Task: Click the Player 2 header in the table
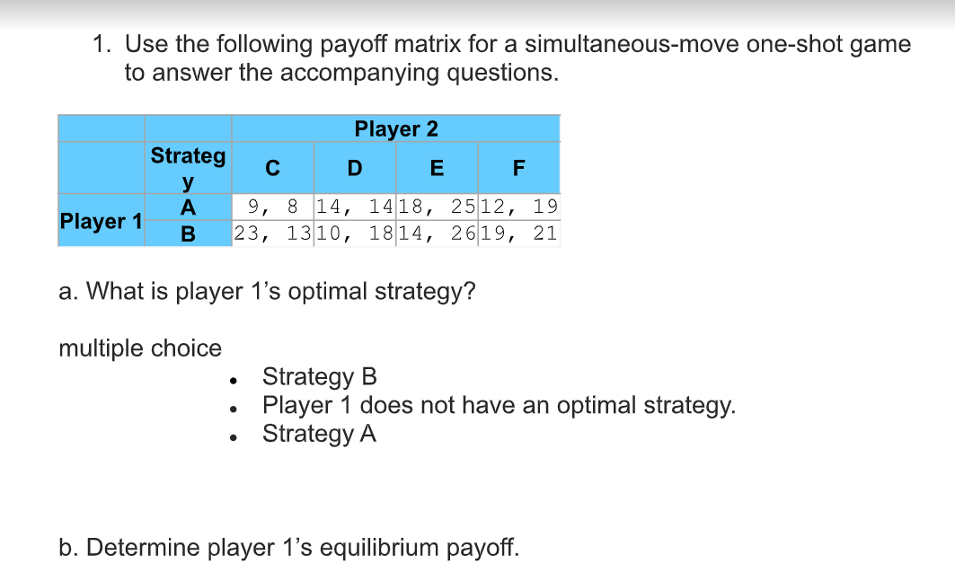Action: (x=396, y=128)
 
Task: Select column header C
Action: (x=272, y=168)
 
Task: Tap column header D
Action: (x=355, y=168)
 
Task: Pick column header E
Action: (x=437, y=168)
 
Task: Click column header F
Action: (x=519, y=168)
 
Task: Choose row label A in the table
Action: (x=188, y=207)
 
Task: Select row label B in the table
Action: (x=188, y=233)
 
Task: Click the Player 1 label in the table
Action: (x=102, y=221)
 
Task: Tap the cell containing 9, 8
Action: (x=273, y=207)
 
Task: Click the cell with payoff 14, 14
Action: (x=355, y=207)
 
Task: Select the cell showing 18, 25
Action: (x=438, y=207)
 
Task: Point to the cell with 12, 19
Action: (x=519, y=207)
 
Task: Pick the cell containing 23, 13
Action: (x=273, y=233)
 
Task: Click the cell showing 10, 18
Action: (x=355, y=233)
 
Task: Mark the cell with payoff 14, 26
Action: (x=438, y=233)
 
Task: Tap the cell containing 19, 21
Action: (x=519, y=233)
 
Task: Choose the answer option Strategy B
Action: (x=320, y=377)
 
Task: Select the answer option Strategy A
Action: (x=319, y=435)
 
